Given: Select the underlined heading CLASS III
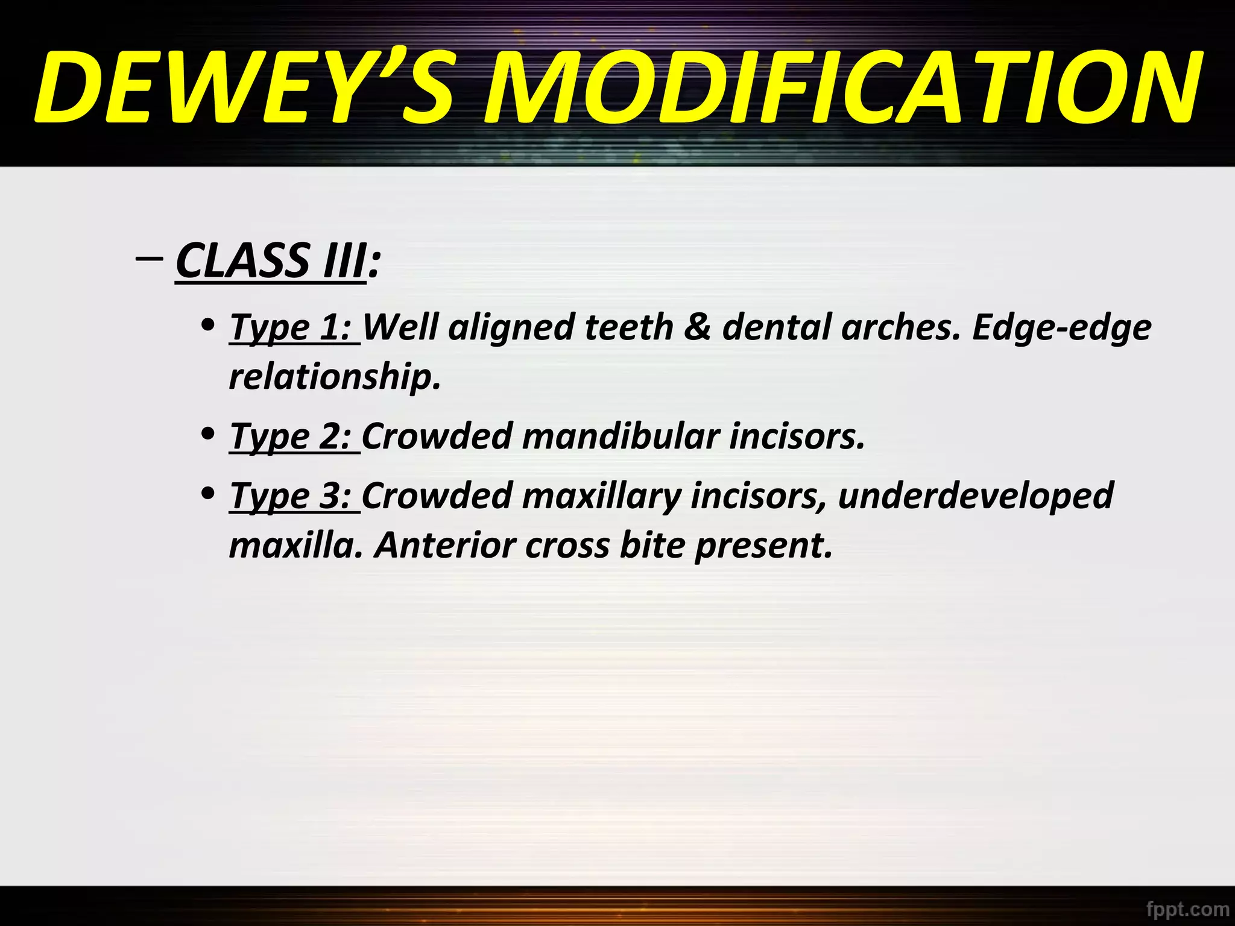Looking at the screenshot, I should click(271, 260).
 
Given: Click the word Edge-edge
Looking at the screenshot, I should click(1061, 327).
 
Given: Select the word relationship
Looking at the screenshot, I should click(335, 377).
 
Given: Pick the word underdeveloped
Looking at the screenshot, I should click(975, 496).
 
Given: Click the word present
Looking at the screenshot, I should click(763, 545).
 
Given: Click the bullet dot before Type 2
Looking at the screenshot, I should click(208, 433).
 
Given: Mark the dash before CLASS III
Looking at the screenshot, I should click(149, 259).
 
